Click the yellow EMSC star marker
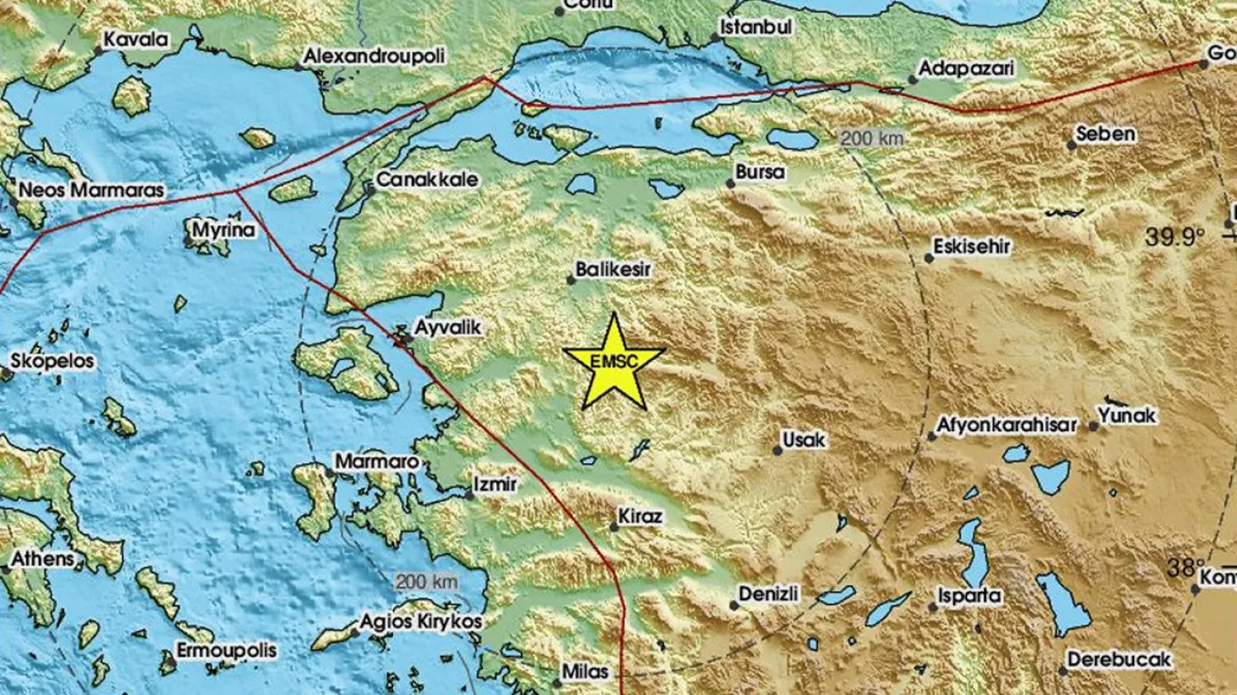[615, 361]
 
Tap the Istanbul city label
[756, 27]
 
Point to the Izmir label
[496, 484]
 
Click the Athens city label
[43, 558]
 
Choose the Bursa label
[760, 172]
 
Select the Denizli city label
[769, 594]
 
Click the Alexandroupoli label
[375, 56]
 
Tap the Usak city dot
[778, 449]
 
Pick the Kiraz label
[641, 516]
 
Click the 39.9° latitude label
[1174, 237]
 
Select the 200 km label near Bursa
[872, 139]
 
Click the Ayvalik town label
[447, 327]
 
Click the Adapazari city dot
[912, 79]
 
